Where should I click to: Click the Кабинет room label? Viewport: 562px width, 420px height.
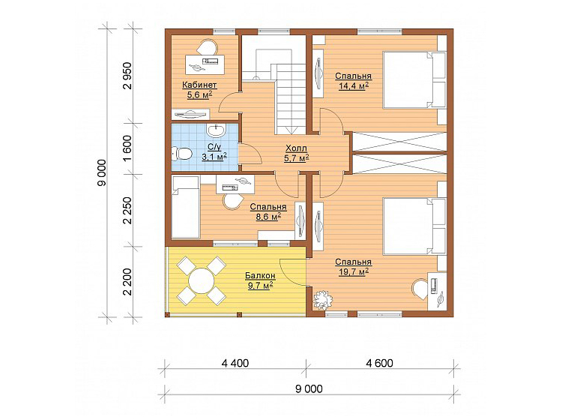[x=199, y=85]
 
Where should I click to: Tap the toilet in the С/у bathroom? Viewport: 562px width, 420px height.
[x=182, y=154]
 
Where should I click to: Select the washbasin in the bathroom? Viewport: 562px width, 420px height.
[x=216, y=130]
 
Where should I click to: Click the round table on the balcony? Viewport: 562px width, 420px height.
[x=202, y=280]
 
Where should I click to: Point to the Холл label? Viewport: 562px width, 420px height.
[x=296, y=148]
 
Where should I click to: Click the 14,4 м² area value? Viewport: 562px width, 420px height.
[x=354, y=85]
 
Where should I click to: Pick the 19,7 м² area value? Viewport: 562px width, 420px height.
[x=354, y=271]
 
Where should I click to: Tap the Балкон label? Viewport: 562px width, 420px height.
[x=260, y=275]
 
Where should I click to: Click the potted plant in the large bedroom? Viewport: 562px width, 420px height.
[x=322, y=301]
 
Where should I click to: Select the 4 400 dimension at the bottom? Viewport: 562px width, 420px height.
[x=235, y=363]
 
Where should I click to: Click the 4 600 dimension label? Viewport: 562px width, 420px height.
[x=380, y=363]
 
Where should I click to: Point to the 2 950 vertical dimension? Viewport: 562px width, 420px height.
[x=127, y=76]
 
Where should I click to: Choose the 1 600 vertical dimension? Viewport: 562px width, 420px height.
[x=127, y=148]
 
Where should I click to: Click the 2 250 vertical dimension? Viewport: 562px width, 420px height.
[x=127, y=211]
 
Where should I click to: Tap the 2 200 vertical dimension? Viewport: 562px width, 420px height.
[x=127, y=282]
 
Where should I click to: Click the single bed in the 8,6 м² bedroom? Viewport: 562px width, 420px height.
[x=186, y=207]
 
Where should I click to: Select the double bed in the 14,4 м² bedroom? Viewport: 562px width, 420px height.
[x=414, y=79]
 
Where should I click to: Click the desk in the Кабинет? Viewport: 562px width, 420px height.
[x=205, y=64]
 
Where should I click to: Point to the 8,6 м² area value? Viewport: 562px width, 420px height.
[x=268, y=216]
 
